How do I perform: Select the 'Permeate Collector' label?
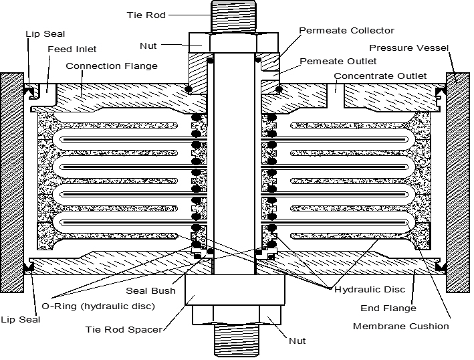346,31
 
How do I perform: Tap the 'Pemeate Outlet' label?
337,62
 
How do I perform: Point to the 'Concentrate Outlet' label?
380,76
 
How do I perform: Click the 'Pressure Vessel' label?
409,48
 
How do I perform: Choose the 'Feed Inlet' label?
72,50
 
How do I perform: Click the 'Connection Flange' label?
112,66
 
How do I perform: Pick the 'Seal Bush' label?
150,290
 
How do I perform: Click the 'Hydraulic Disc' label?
360,290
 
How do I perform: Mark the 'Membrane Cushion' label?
400,326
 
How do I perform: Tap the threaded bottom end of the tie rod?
231,341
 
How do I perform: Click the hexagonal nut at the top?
231,43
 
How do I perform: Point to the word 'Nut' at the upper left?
148,46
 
